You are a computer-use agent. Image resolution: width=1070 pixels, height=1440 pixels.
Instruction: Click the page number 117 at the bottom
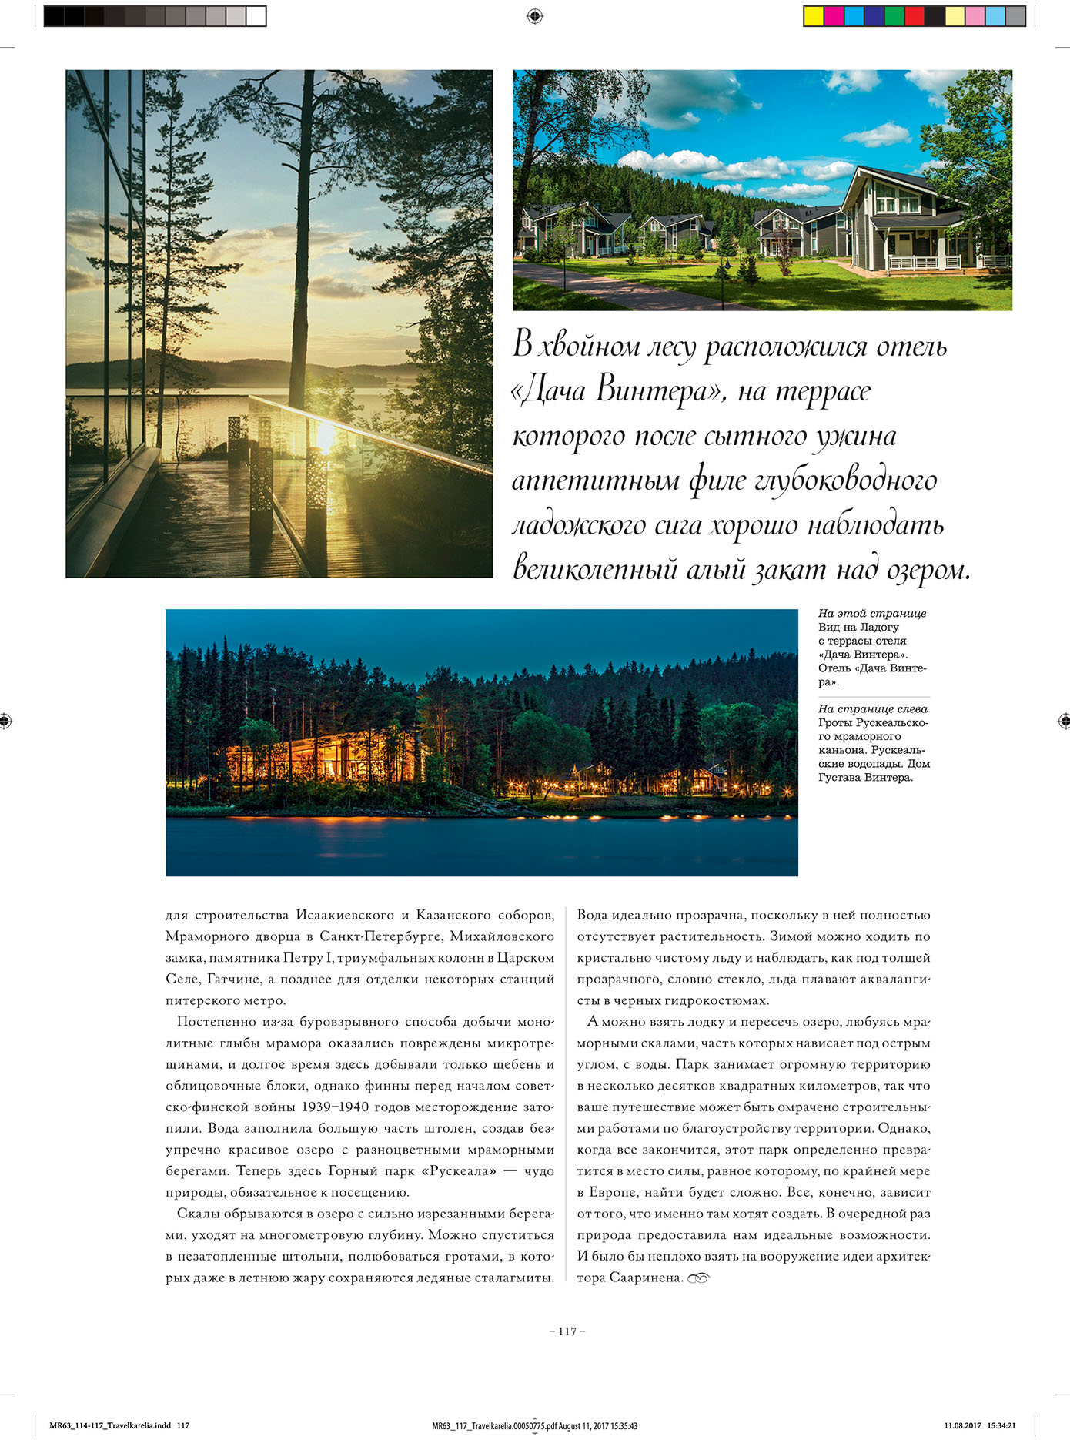tap(567, 1331)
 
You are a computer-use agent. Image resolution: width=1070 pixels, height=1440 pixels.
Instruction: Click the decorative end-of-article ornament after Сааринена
tap(697, 1278)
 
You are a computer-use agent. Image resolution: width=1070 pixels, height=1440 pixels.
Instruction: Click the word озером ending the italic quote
tap(929, 570)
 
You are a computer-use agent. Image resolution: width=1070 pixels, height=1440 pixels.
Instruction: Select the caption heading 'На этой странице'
tap(871, 614)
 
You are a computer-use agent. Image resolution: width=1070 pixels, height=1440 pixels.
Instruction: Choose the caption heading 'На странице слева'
tap(872, 709)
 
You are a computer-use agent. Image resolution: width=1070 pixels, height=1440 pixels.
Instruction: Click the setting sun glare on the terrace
tap(325, 437)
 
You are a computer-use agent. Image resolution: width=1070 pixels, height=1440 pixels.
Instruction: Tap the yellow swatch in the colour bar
tap(813, 16)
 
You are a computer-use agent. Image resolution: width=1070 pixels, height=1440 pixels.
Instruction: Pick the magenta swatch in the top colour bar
tap(833, 16)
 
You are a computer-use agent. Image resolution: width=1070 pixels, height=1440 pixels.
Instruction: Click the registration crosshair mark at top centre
tap(535, 15)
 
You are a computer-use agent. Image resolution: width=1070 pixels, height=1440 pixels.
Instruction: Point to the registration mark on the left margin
tap(5, 722)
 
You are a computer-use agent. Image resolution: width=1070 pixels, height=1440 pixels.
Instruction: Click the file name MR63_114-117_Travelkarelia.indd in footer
tap(110, 1425)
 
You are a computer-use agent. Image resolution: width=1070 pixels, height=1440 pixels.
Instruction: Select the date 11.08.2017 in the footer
tap(962, 1425)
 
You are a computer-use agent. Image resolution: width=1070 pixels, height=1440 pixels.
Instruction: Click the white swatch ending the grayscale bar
tap(256, 16)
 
